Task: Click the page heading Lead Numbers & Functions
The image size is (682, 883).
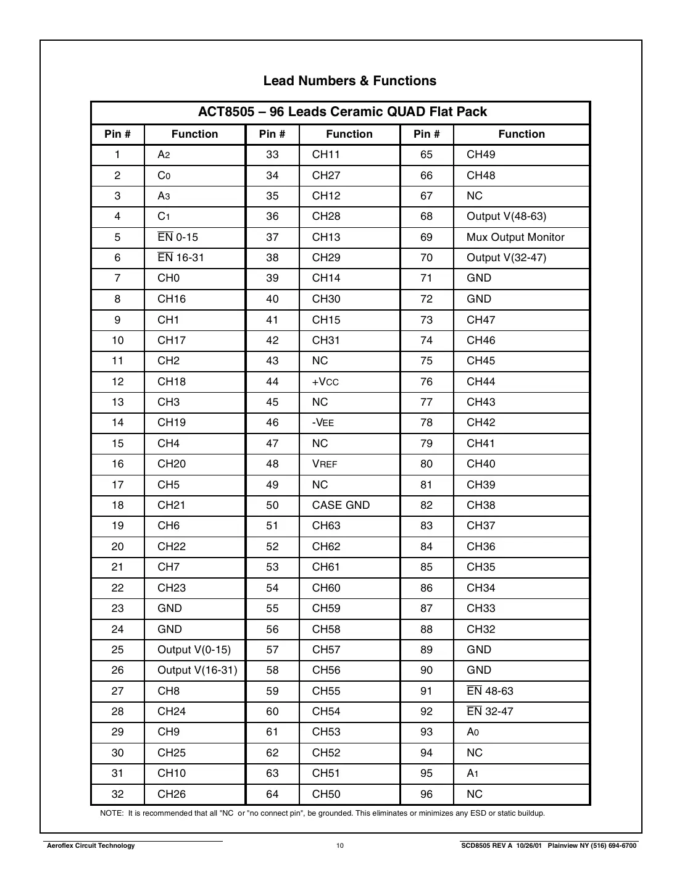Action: [x=349, y=81]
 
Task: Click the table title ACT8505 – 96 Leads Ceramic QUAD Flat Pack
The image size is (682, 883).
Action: [x=342, y=112]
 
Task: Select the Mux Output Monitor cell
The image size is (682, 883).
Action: [x=515, y=237]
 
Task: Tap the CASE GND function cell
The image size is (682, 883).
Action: [x=341, y=505]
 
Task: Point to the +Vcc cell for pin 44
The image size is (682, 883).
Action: [x=325, y=382]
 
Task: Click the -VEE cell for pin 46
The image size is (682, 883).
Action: [x=323, y=422]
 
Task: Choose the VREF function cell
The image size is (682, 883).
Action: [x=325, y=464]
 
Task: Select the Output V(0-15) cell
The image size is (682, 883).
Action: [x=194, y=650]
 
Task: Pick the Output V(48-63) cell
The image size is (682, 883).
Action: [x=506, y=216]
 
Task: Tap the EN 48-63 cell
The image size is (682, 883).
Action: [x=490, y=691]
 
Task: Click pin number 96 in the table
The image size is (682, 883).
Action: [x=426, y=794]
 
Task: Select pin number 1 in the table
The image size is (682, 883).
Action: [x=117, y=154]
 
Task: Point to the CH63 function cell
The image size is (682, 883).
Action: [x=326, y=525]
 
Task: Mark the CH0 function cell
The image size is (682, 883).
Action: [x=168, y=278]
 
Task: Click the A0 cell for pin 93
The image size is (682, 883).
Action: [x=473, y=732]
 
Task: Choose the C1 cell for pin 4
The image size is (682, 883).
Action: [x=164, y=216]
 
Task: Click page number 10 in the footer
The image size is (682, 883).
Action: [x=340, y=845]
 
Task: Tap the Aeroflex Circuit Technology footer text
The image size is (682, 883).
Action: [x=91, y=845]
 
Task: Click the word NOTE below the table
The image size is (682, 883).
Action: [x=111, y=813]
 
